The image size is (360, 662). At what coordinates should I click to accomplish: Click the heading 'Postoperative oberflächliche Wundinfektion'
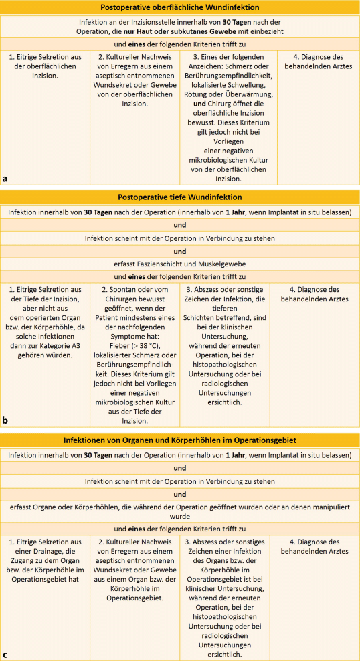pos(180,7)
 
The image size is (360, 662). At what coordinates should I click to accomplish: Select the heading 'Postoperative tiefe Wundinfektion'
pos(180,197)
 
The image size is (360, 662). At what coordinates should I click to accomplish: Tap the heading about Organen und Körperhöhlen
pos(180,441)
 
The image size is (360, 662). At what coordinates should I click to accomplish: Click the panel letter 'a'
pos(5,179)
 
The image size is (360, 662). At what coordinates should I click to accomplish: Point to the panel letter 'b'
pos(5,420)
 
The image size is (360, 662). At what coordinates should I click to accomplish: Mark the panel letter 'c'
pos(5,655)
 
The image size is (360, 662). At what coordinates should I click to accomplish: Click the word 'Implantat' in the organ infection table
pos(270,455)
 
